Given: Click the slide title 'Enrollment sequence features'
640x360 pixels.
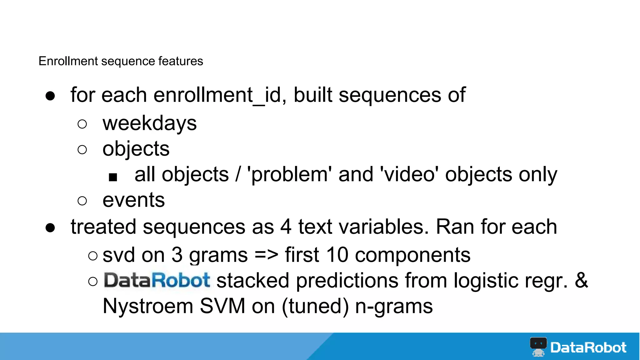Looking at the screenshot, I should tap(121, 61).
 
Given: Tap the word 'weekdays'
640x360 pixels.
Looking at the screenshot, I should tap(150, 123).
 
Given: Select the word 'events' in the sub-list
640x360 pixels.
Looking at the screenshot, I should tap(133, 200).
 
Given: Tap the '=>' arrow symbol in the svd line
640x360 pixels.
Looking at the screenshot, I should tap(266, 255).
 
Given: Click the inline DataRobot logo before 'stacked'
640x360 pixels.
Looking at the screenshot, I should tap(157, 280).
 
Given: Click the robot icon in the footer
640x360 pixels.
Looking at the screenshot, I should tap(538, 347).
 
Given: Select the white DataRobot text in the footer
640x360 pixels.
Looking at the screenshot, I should tap(588, 347).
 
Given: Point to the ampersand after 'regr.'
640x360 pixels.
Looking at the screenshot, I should tap(581, 280).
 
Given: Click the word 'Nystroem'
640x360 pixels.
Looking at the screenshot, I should tap(148, 306).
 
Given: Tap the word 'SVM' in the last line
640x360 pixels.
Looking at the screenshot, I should tap(222, 306).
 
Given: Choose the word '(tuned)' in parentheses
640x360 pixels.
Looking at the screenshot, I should tap(315, 306).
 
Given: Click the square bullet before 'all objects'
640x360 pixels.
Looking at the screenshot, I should tap(113, 177).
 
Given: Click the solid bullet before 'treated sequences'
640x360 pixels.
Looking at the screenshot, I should tap(50, 228).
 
